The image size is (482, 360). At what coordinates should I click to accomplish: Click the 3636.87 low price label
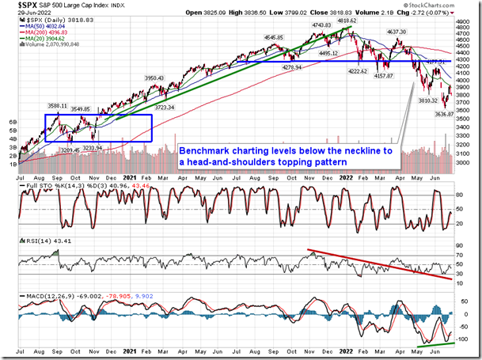coord(445,115)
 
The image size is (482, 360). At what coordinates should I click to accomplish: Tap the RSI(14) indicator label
coord(36,239)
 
